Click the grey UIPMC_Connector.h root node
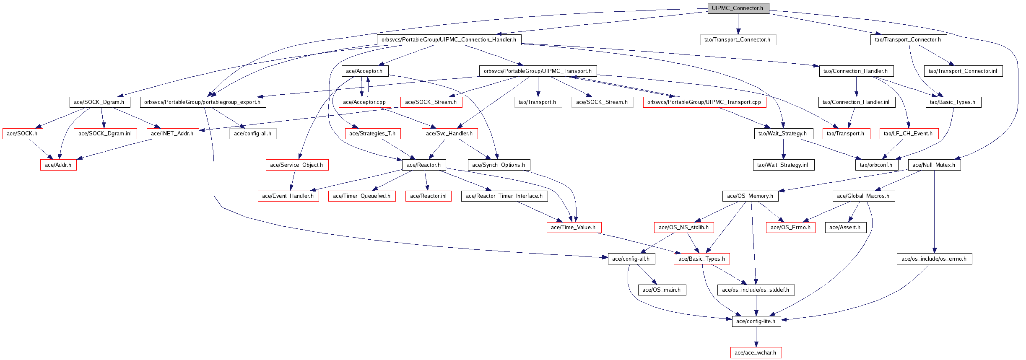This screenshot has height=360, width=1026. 738,8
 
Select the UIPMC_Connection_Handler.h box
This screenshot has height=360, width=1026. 449,40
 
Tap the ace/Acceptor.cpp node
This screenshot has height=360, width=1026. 364,102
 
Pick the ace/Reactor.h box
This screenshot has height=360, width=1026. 423,165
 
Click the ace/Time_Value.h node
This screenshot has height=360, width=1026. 573,228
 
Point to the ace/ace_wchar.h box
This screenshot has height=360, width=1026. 756,353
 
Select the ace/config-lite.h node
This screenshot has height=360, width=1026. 756,321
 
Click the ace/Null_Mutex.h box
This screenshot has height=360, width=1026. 934,165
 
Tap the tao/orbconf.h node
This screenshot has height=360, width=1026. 876,165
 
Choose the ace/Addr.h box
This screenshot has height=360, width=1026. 58,165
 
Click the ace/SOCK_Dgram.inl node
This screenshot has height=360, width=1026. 105,134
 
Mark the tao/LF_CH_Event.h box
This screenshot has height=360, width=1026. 908,134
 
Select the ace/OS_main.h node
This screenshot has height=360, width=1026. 662,290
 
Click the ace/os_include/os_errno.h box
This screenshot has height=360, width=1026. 934,259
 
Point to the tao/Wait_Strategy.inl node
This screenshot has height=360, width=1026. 783,165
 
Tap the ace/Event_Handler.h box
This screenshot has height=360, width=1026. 288,196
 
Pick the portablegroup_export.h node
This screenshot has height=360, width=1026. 203,102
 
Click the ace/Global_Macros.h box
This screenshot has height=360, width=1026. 863,196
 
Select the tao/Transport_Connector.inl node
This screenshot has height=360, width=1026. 963,71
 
